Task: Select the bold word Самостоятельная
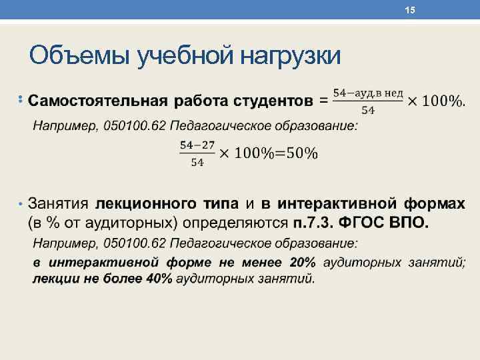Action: pos(99,101)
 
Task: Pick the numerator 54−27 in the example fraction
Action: pos(193,144)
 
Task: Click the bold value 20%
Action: pos(303,263)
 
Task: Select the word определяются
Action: pos(239,221)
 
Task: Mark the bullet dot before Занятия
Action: pos(21,203)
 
